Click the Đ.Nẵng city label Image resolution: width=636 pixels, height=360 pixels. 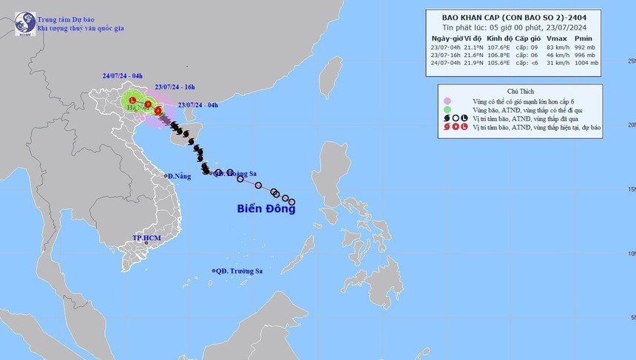(x=180, y=176)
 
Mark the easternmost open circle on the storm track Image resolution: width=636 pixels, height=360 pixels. (x=292, y=202)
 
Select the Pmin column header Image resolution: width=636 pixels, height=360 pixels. (x=586, y=37)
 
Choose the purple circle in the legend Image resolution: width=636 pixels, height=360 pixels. (x=447, y=101)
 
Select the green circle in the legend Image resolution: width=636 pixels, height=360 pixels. (x=447, y=109)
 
